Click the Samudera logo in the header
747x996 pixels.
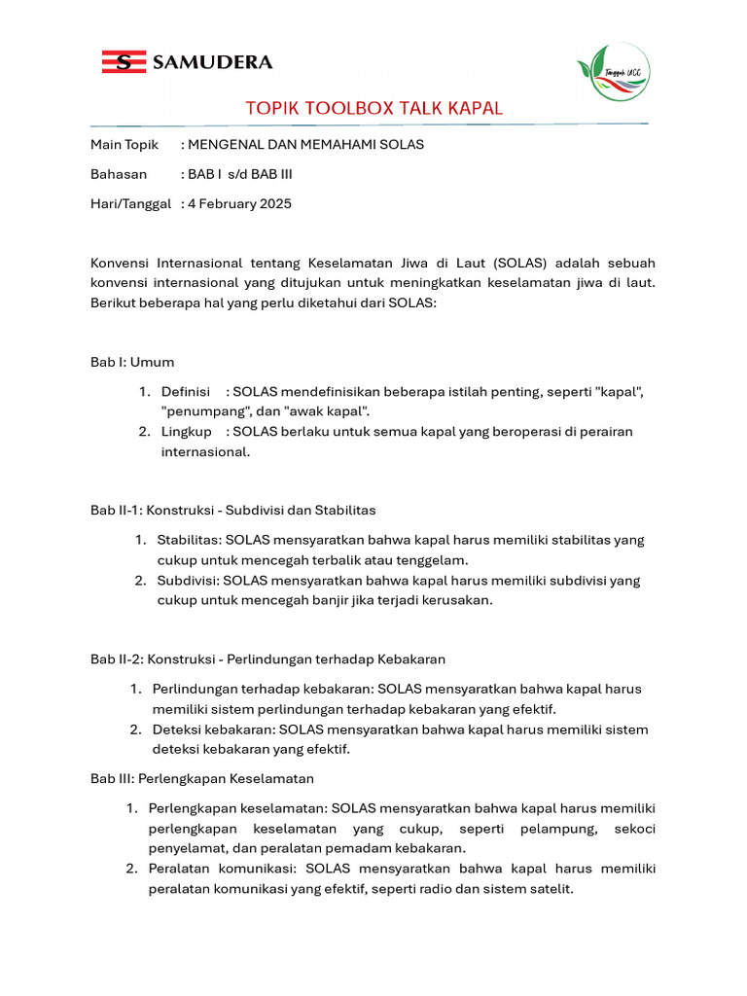(187, 62)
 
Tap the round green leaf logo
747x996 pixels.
(613, 75)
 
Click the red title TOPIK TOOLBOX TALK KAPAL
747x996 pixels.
(374, 108)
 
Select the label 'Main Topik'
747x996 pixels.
(124, 145)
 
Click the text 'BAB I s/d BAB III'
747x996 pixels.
(239, 175)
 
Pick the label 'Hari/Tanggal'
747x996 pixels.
(130, 204)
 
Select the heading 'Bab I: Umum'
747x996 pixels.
(132, 362)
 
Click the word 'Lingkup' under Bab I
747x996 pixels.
(187, 432)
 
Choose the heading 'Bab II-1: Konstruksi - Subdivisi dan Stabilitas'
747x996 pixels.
(233, 510)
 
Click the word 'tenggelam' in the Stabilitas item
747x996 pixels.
(433, 559)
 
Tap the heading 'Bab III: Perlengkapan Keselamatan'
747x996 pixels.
(202, 779)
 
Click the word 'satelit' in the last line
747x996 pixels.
(551, 889)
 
